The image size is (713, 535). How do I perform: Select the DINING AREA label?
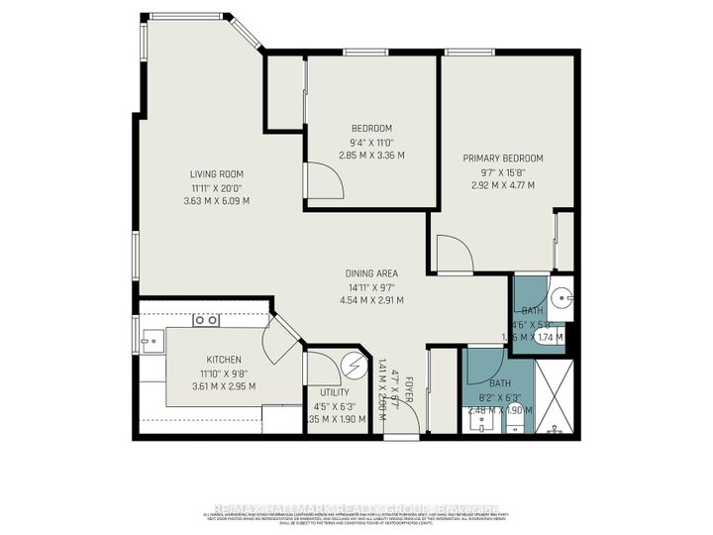[x=371, y=273]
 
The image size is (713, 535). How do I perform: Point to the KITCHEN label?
[x=224, y=359]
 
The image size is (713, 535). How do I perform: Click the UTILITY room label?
[x=327, y=392]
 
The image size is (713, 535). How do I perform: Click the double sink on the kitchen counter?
[x=206, y=321]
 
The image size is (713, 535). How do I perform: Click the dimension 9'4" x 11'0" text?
[x=371, y=142]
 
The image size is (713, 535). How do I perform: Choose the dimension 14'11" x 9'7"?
[x=371, y=287]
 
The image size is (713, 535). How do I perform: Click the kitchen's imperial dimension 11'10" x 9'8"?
[x=224, y=373]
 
